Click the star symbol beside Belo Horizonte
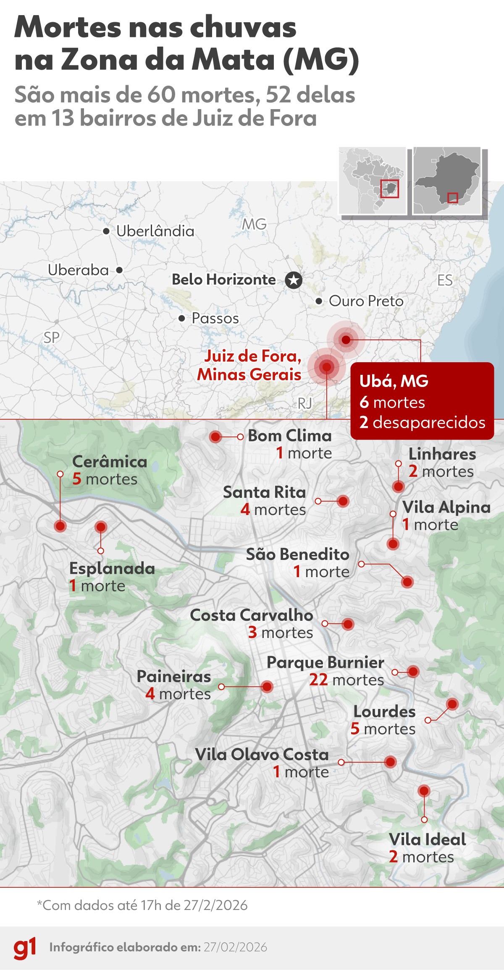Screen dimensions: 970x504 tap(294, 280)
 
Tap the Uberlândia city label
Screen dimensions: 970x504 tap(155, 231)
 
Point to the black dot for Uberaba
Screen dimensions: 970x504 tap(119, 270)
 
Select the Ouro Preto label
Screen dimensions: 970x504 tap(366, 301)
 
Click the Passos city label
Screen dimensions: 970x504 tap(215, 319)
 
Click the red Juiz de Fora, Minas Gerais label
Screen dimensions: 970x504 tap(249, 365)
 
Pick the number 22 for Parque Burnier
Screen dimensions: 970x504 tap(318, 680)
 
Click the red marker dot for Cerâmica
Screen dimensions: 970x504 tap(60, 526)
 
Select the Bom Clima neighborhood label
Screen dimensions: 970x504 tap(290, 436)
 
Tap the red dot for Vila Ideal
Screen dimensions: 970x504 tap(424, 791)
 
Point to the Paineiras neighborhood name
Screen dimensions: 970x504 tap(174, 677)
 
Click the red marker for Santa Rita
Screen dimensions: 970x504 tap(343, 501)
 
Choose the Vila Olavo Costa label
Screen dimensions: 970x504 tap(262, 755)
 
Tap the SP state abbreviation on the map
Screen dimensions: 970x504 tap(52, 337)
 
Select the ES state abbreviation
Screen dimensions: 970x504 tap(445, 280)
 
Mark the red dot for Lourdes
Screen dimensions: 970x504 tap(452, 704)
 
